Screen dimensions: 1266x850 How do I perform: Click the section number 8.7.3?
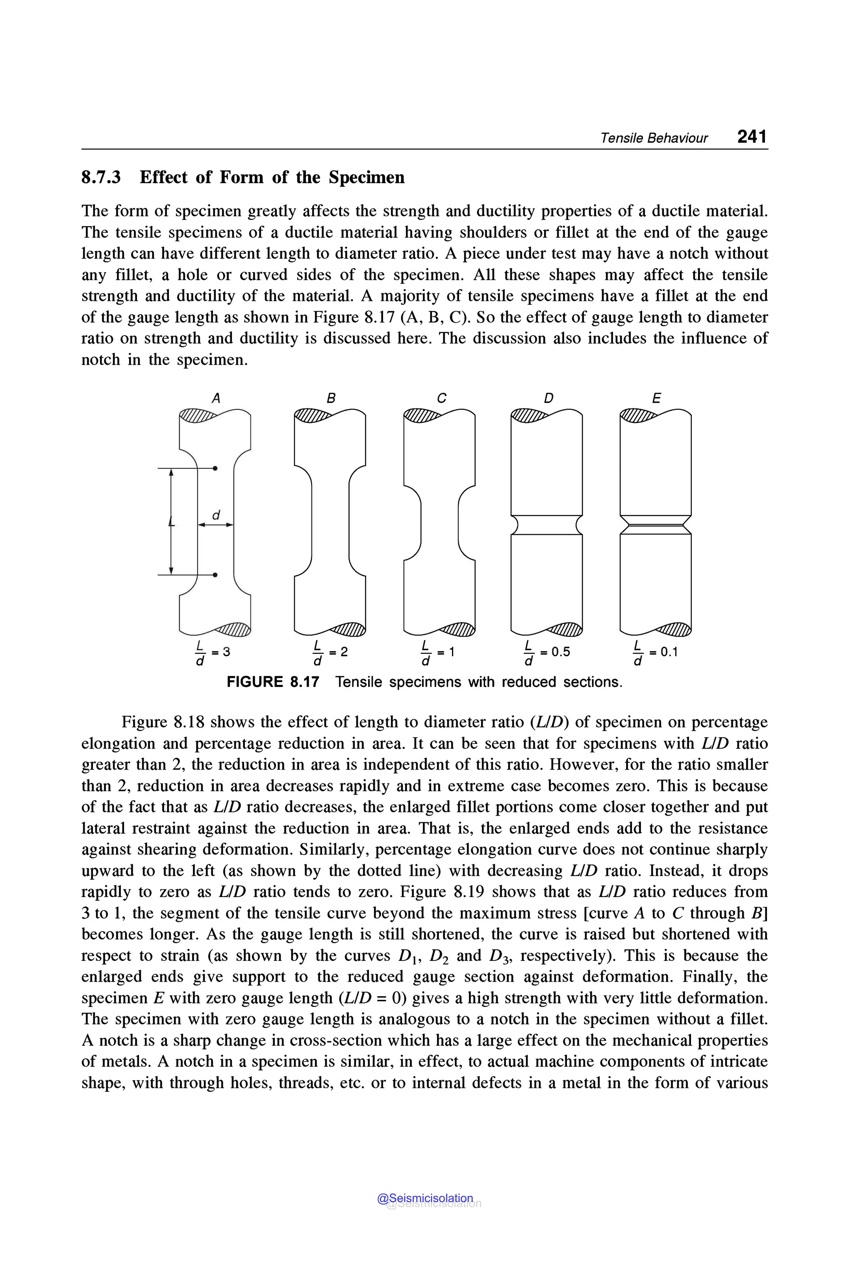pyautogui.click(x=101, y=177)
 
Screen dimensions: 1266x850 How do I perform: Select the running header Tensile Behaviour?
pyautogui.click(x=653, y=138)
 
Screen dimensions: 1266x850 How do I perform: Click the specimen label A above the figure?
pyautogui.click(x=216, y=398)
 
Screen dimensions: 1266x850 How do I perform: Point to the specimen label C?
pyautogui.click(x=441, y=398)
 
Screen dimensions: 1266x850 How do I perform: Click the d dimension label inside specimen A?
pyautogui.click(x=216, y=515)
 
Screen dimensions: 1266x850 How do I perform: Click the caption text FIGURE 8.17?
pyautogui.click(x=273, y=682)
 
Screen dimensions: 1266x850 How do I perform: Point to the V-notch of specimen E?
pyautogui.click(x=655, y=525)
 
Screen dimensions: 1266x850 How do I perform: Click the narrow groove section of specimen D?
pyautogui.click(x=547, y=525)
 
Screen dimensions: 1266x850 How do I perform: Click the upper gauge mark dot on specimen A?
pyautogui.click(x=215, y=468)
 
